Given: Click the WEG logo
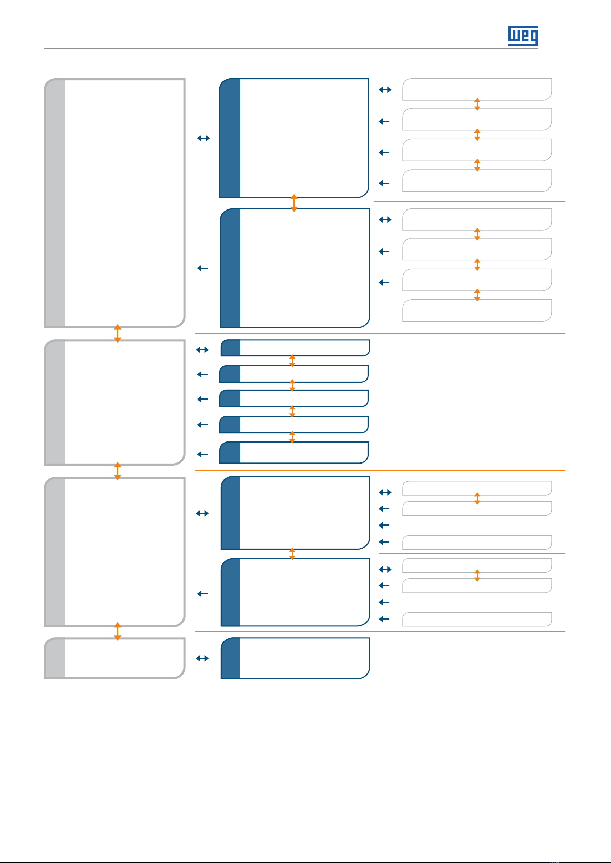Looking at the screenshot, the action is click(523, 36).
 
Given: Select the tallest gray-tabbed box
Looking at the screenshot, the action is click(114, 203).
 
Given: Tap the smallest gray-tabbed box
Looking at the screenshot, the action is click(114, 658).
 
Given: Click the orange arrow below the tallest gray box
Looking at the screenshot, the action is click(118, 333).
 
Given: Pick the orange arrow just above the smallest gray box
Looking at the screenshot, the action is click(118, 632).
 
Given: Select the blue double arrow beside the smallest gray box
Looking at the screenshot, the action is click(202, 658).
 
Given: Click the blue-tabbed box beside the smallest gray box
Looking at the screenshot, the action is click(295, 658).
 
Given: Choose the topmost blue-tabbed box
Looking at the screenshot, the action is click(294, 138).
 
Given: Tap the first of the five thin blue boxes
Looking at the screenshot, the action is click(295, 348).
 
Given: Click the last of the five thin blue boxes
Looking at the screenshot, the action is click(294, 452).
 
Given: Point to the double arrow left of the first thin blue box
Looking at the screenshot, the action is click(202, 350).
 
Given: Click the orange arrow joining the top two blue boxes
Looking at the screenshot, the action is click(294, 203).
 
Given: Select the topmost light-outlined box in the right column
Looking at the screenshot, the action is click(477, 90).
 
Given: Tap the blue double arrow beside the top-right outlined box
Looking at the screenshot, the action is click(385, 90).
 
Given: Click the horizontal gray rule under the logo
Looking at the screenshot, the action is click(291, 49).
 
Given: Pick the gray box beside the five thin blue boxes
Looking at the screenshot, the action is click(114, 402).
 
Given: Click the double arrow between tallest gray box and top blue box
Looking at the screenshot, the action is click(203, 138).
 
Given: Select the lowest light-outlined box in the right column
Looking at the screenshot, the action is click(477, 619).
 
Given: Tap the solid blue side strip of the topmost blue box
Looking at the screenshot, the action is click(230, 138).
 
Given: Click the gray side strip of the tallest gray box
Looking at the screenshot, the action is click(54, 203).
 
